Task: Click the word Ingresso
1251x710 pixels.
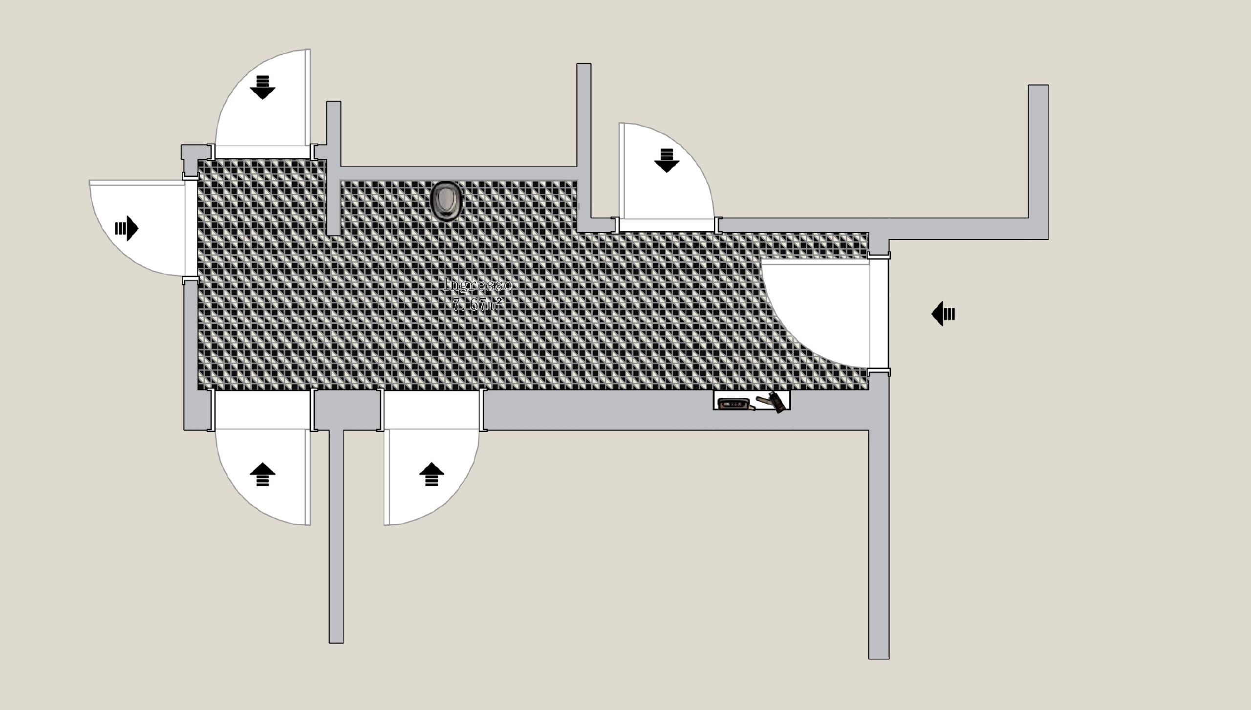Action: [x=476, y=284]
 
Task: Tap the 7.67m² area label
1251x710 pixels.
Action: [x=476, y=305]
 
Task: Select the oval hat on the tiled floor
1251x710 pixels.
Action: [x=446, y=202]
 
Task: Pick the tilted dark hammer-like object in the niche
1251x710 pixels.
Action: [x=775, y=402]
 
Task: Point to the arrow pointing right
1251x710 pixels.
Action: [x=127, y=228]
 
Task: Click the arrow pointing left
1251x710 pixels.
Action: [x=943, y=313]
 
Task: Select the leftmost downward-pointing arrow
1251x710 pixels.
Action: [x=262, y=87]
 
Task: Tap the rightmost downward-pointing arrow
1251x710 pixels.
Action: [x=667, y=160]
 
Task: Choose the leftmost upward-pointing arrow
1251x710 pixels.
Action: [x=262, y=475]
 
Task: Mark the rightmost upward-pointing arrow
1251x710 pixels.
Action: [x=431, y=475]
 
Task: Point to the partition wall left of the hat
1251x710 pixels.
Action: [x=333, y=195]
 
